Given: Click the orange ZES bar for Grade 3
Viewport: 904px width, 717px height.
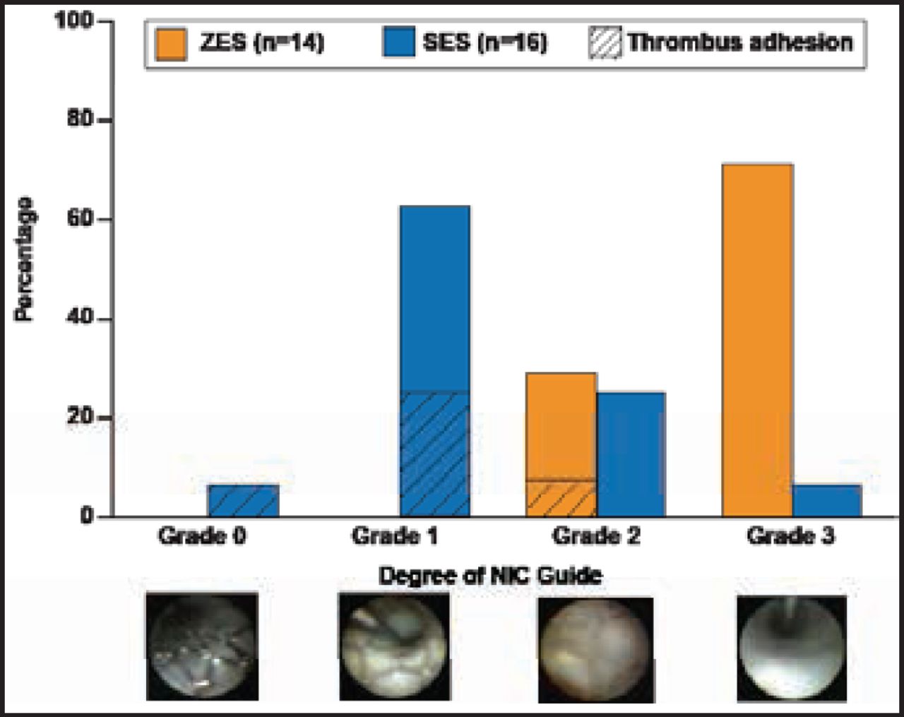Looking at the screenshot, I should tap(757, 340).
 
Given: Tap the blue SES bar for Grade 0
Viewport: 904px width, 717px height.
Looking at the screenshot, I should tap(243, 500).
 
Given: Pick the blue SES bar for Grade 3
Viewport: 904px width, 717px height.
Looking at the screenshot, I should tap(826, 500).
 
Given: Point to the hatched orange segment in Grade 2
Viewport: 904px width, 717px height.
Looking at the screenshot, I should tap(561, 499).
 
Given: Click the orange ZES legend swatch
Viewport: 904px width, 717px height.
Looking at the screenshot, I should tap(170, 43).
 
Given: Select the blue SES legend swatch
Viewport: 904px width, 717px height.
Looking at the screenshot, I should tap(398, 43).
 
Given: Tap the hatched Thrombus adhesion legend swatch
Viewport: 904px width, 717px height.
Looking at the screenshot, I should tap(605, 43).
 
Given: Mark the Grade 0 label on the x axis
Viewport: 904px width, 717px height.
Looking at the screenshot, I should tap(203, 536).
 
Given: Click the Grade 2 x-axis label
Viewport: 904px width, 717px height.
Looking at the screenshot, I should tap(596, 536).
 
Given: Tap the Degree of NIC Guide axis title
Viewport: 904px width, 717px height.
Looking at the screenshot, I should tap(490, 576).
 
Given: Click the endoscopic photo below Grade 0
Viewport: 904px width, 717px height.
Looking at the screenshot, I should tap(201, 646).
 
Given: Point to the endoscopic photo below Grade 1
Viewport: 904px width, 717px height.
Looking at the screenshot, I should tap(394, 646).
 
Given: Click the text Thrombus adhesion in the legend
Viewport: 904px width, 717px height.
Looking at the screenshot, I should tap(740, 43).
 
